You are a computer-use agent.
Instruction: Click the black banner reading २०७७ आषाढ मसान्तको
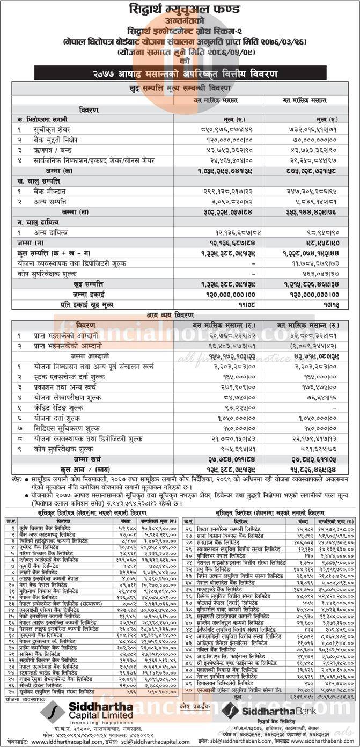point(180,74)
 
